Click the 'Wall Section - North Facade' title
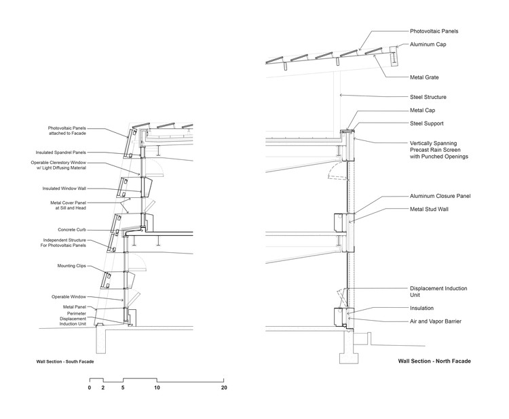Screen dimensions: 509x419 pos(434,361)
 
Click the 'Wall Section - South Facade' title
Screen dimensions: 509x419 pos(65,361)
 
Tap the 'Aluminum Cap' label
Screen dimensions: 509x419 pos(428,45)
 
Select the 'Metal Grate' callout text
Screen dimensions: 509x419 pos(424,77)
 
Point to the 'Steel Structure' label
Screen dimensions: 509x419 pos(428,97)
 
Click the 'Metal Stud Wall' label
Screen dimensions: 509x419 pos(429,209)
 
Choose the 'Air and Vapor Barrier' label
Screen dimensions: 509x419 pos(435,321)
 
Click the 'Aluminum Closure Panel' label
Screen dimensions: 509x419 pos(440,196)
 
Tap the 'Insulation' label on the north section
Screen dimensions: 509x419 pos(421,308)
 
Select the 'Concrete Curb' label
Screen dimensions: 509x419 pos(72,230)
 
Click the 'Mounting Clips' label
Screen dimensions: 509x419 pos(72,266)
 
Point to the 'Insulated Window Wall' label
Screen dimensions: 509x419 pos(64,188)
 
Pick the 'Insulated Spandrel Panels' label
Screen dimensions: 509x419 pos(60,153)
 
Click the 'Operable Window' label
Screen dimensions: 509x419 pos(69,297)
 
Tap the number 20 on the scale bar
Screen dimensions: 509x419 pos(224,388)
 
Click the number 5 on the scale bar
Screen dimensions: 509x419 pos(123,388)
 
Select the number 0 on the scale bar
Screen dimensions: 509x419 pos(90,388)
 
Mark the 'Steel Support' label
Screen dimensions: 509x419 pos(427,123)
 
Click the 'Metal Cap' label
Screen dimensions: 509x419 pos(422,111)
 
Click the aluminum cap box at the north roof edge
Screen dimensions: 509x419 pos(394,56)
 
